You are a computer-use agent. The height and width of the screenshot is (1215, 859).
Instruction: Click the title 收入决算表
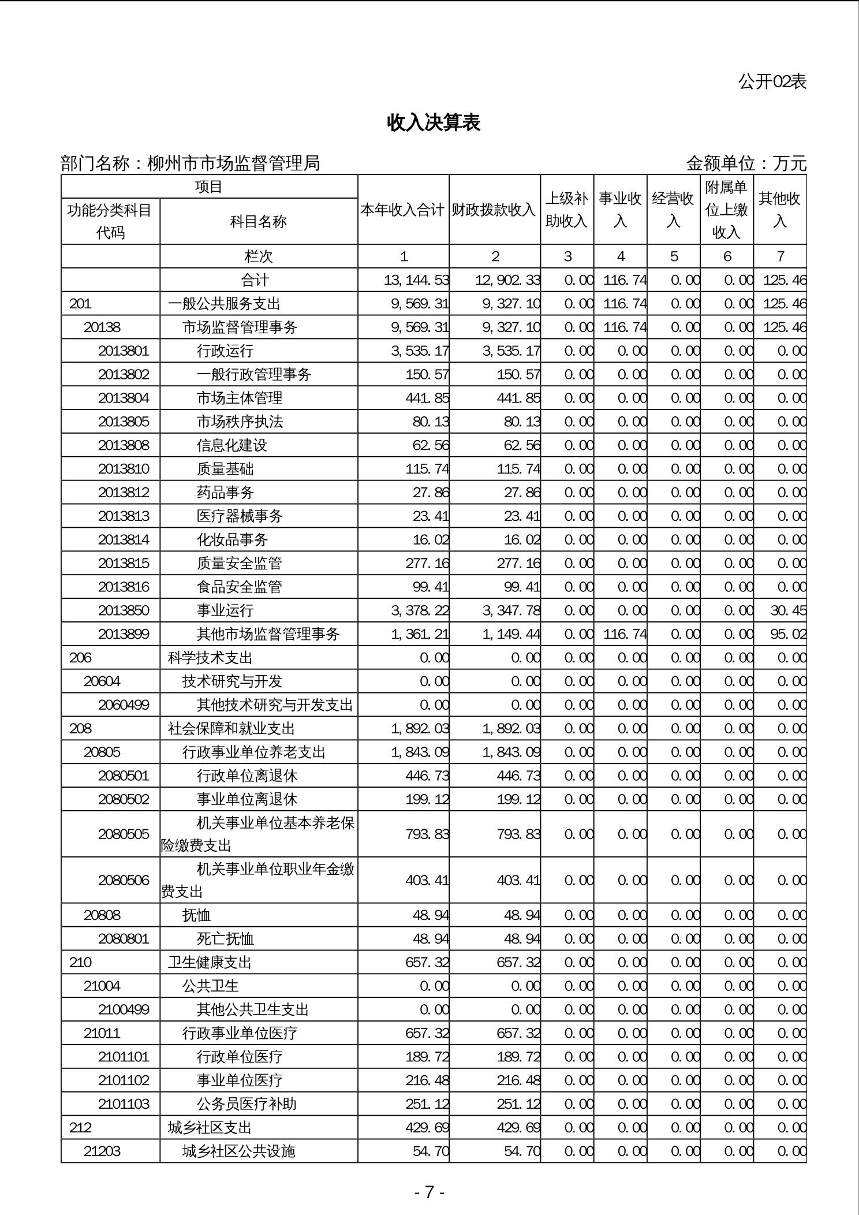[434, 122]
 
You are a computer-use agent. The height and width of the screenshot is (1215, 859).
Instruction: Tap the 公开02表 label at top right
[772, 82]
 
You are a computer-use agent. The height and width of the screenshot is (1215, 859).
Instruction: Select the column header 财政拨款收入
[494, 210]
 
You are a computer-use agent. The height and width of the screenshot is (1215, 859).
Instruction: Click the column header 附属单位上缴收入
[726, 210]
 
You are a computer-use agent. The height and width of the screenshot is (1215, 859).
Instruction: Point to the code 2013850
[124, 610]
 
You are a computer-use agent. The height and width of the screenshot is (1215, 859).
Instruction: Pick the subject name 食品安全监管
[239, 587]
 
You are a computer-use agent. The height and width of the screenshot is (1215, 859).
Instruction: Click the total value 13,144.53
[416, 280]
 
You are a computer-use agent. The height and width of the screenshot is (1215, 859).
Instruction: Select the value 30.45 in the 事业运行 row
[788, 610]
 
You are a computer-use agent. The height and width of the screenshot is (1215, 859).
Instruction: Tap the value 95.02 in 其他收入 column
[788, 634]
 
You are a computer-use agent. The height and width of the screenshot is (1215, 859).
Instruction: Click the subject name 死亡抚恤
[225, 938]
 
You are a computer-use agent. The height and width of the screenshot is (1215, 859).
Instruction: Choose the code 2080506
[124, 880]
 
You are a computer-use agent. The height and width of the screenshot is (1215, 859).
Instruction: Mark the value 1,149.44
[511, 634]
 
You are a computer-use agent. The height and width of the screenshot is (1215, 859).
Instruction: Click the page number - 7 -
[429, 1192]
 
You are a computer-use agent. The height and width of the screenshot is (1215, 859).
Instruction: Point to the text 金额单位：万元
[746, 163]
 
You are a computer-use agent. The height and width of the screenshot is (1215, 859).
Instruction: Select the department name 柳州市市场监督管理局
[233, 163]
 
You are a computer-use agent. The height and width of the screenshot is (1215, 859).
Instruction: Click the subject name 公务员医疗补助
[247, 1104]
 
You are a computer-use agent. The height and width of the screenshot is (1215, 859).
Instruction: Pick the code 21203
[102, 1151]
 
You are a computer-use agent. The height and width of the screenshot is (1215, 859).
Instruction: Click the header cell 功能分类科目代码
[110, 221]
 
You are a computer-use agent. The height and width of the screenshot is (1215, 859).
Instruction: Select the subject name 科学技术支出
[210, 658]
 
